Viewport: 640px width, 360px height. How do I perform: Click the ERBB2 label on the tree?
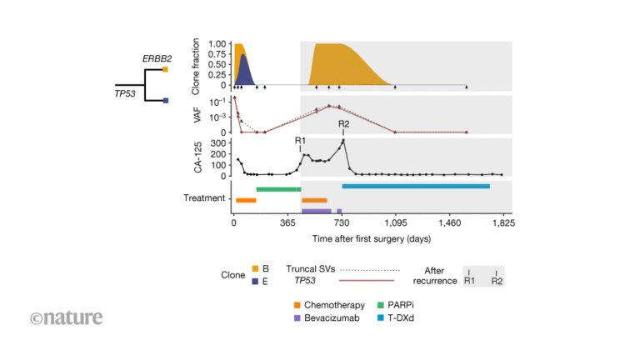point(156,58)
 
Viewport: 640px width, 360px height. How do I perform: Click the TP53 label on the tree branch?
point(125,93)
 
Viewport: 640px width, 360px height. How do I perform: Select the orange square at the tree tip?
point(166,69)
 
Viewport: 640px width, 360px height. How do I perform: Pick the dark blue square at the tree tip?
point(166,101)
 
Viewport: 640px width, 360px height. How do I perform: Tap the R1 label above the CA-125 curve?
point(300,140)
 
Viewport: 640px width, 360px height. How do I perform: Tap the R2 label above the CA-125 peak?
point(343,124)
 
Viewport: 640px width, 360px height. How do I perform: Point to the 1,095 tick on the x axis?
point(396,225)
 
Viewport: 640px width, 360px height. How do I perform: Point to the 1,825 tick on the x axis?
point(503,225)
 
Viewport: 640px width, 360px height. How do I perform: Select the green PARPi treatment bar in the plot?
point(278,189)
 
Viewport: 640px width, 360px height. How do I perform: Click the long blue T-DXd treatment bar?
point(416,186)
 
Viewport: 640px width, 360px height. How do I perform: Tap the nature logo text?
point(67,317)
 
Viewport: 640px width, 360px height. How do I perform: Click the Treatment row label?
point(204,198)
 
